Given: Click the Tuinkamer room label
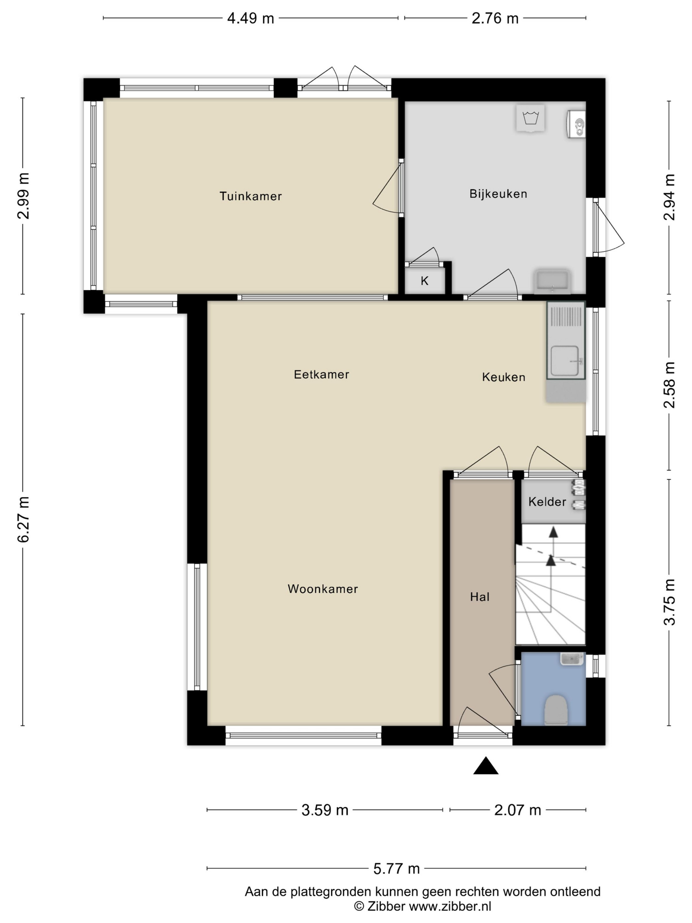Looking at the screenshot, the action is pyautogui.click(x=251, y=196).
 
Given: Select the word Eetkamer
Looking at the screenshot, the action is pyautogui.click(x=321, y=374).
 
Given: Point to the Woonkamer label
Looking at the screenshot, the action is pyautogui.click(x=323, y=589).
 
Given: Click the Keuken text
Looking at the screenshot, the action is pyautogui.click(x=504, y=377).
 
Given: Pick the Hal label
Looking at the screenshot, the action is pyautogui.click(x=480, y=597).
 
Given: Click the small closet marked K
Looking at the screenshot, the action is pyautogui.click(x=425, y=281).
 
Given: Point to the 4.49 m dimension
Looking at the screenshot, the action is pyautogui.click(x=250, y=18).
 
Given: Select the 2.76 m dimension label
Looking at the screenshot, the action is pyautogui.click(x=495, y=18).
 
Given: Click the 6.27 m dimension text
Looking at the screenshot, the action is pyautogui.click(x=23, y=520).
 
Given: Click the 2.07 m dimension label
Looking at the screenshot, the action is pyautogui.click(x=517, y=810).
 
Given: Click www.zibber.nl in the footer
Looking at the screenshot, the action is pyautogui.click(x=450, y=906).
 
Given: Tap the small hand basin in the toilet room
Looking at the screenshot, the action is pyautogui.click(x=572, y=659).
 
